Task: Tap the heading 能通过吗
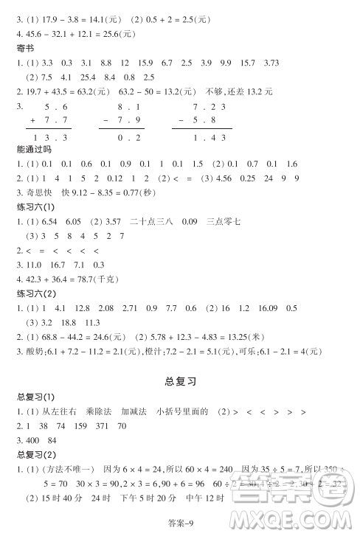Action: click(33, 149)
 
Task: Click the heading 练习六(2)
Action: click(36, 295)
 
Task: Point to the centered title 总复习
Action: click(179, 381)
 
